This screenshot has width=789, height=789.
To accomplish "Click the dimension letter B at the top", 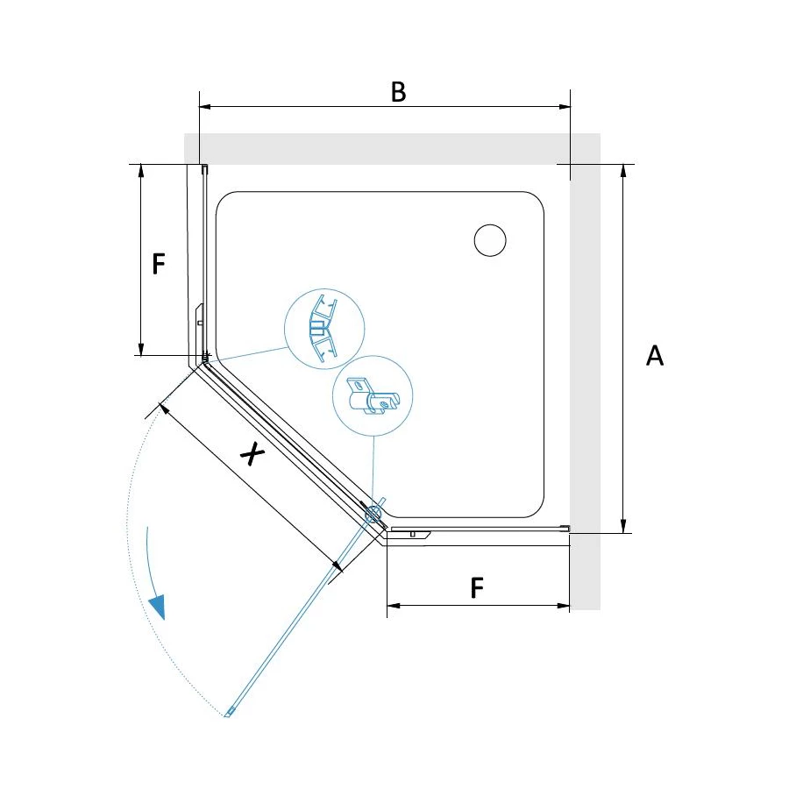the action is point(398,92).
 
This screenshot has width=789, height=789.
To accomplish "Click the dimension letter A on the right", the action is point(655,355).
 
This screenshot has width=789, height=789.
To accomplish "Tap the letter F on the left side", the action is point(159,264).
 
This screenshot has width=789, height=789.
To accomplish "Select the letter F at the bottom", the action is point(477,587).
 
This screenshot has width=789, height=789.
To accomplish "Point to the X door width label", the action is point(252,454).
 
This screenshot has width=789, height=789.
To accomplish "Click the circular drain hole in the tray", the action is point(489,240).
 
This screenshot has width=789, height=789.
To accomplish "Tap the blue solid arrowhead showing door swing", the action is point(158,607).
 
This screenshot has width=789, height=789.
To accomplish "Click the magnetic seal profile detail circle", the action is point(324,329).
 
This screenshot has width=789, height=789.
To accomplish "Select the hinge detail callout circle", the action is point(373,395).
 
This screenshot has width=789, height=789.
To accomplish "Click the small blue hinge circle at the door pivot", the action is point(373,513).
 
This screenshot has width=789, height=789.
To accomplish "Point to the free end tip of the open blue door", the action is point(227,714).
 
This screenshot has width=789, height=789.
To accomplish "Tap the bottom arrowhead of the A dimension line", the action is point(623,526).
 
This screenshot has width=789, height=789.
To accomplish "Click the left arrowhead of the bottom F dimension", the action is point(394,605).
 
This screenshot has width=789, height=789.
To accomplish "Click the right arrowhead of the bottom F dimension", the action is point(564,605).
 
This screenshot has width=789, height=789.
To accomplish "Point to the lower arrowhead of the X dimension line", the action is point(338,566).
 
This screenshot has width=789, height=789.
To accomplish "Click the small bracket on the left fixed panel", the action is point(200,316).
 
